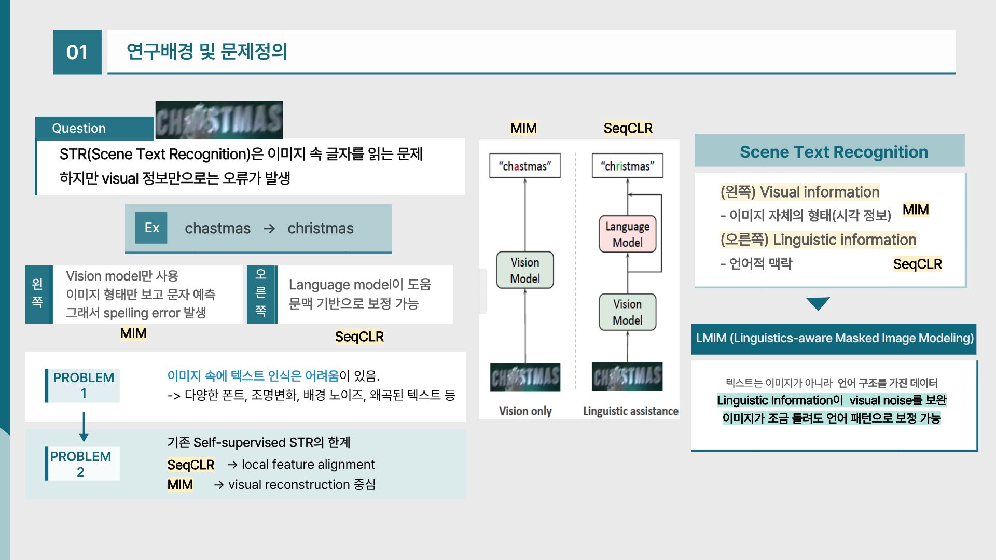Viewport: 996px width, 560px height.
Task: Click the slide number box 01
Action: coord(77,52)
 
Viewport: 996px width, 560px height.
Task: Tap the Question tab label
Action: coord(79,128)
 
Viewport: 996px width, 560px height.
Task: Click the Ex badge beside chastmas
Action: coord(151,228)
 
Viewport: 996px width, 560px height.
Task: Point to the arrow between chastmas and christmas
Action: coord(269,229)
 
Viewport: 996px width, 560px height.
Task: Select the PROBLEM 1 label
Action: coord(83,385)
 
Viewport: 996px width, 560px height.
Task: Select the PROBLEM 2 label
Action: coord(81,464)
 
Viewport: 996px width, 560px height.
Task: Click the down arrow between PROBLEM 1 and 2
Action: coord(84,427)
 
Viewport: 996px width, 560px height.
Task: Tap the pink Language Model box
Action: coord(627,234)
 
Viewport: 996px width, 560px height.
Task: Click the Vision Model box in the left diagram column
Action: coord(524,270)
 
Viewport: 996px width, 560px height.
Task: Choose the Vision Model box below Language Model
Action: coord(627,312)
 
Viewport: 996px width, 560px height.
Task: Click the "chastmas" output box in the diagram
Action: coord(524,166)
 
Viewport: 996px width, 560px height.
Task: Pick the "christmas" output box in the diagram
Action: coord(627,166)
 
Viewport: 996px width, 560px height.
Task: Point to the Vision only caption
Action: coord(525,411)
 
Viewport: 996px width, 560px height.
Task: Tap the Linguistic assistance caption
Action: coord(630,411)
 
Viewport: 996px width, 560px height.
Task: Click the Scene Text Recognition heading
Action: coord(833,151)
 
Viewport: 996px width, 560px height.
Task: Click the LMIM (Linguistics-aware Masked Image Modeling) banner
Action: coord(834,338)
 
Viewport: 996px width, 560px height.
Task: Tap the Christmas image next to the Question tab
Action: coord(219,120)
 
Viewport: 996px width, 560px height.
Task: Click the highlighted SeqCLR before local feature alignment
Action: coord(190,465)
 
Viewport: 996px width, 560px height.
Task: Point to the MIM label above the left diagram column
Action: coord(523,128)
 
